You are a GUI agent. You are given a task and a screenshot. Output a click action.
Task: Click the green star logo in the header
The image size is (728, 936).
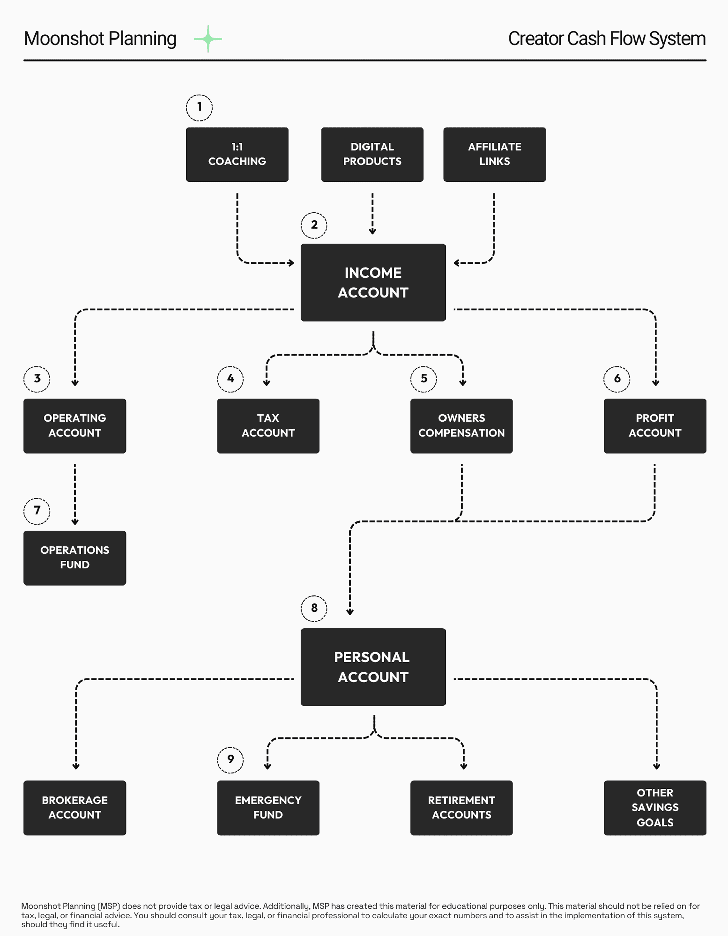coord(208,39)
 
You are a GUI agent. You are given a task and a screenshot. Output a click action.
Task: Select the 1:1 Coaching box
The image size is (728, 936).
coord(237,154)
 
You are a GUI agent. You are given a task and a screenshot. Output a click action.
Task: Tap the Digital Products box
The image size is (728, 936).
coord(372,154)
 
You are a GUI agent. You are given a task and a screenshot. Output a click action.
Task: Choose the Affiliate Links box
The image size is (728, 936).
coord(494,154)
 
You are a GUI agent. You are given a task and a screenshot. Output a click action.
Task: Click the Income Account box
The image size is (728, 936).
coord(373,283)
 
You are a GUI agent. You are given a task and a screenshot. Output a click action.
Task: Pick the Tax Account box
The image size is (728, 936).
coord(268,425)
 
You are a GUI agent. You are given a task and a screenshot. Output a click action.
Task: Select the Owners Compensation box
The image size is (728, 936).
coord(462,425)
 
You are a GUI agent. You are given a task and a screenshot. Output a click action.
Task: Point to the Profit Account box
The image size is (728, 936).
coord(655,425)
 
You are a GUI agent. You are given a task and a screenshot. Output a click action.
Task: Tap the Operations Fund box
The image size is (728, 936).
coord(75,558)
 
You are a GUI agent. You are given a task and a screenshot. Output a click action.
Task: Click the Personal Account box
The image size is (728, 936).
coord(373,667)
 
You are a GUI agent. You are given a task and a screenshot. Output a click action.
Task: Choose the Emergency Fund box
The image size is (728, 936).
coord(268,807)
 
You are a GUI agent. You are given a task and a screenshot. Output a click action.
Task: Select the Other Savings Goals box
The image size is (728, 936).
coord(655,807)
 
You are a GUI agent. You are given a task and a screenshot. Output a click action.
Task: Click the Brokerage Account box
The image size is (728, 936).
coord(75,807)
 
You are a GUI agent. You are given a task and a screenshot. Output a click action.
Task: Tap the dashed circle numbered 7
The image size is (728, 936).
coord(37,511)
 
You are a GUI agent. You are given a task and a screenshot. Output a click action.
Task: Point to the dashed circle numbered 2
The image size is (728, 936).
coord(314,225)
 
